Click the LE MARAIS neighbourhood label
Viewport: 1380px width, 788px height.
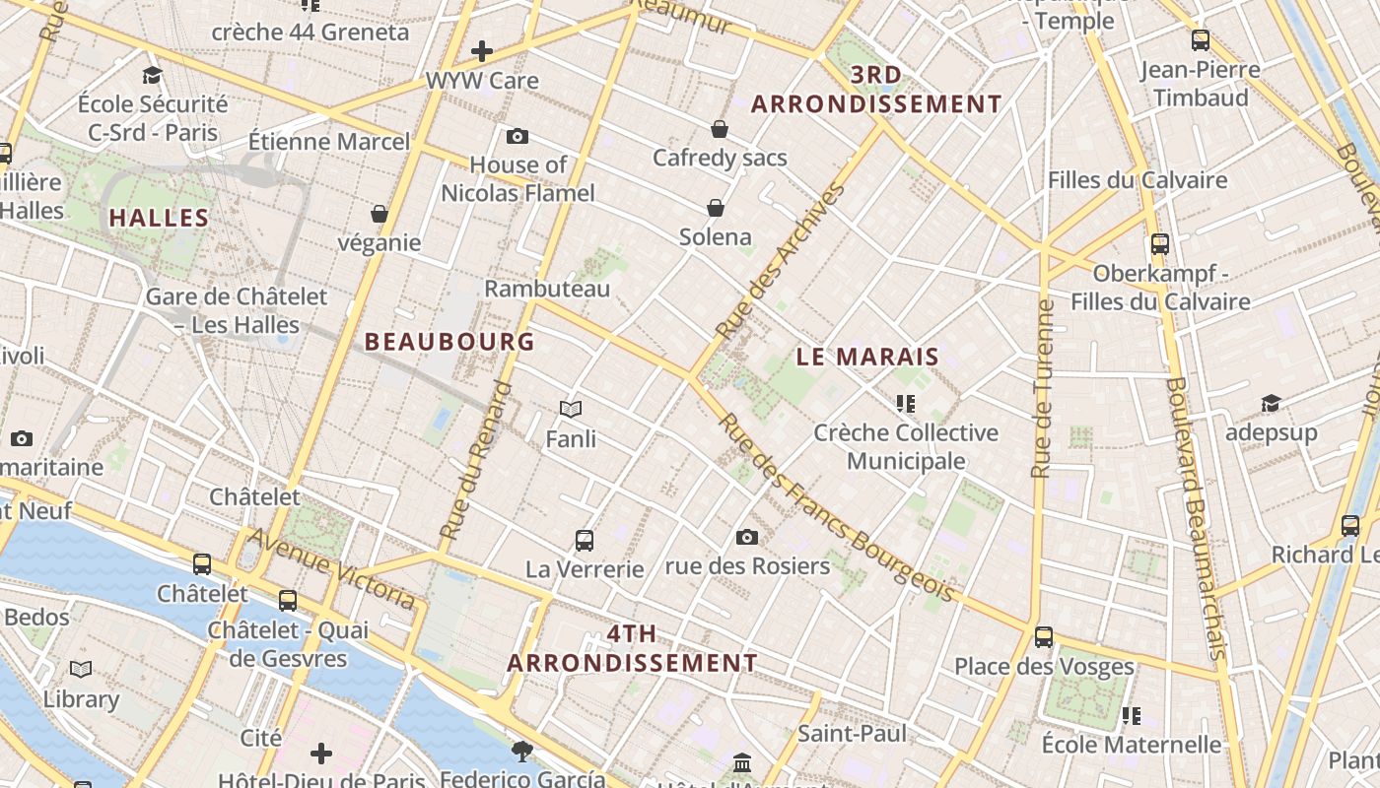[867, 358]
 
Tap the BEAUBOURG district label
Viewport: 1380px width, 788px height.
[449, 342]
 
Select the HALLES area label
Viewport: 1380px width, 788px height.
[159, 218]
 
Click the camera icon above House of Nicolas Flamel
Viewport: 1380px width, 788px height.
[517, 137]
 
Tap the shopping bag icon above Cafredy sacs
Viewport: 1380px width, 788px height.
[720, 129]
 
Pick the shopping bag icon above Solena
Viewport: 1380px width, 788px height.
[716, 208]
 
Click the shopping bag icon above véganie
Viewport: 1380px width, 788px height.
[379, 214]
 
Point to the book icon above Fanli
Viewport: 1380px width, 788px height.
[571, 409]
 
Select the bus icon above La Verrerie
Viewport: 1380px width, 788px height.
[585, 540]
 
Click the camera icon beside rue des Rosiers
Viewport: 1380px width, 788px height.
[747, 537]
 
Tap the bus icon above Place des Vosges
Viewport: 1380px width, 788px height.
[1044, 637]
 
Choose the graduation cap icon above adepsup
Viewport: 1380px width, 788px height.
[1271, 403]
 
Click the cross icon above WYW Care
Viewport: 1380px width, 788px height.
[482, 50]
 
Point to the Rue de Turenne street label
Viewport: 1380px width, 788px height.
[1044, 389]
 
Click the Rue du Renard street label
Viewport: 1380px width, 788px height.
[478, 461]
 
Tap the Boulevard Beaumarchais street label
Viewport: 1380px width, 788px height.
[1195, 517]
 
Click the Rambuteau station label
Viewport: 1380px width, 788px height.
[547, 289]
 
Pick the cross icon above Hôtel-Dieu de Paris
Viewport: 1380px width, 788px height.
[321, 755]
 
